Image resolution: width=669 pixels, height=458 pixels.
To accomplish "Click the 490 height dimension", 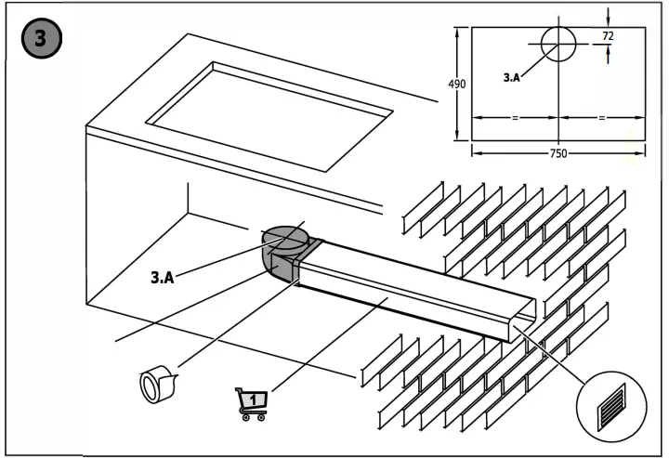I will click(x=457, y=84).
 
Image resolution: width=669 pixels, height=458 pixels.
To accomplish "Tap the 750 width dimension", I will click(x=557, y=153).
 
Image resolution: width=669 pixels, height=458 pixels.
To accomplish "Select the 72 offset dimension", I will click(x=608, y=36).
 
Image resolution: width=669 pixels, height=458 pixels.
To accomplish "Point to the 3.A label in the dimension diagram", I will click(x=512, y=79).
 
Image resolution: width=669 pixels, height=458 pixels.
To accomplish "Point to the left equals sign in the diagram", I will click(x=514, y=118).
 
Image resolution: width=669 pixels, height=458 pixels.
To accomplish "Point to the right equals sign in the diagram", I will click(x=601, y=118).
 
